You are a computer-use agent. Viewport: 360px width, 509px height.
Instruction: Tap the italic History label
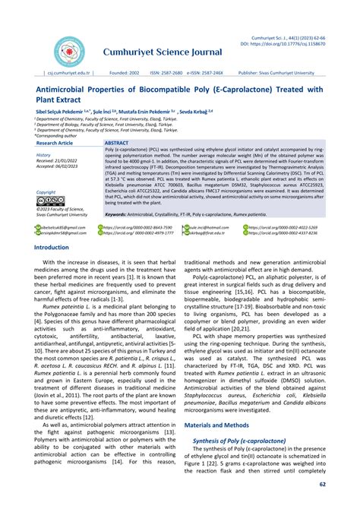43,155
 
